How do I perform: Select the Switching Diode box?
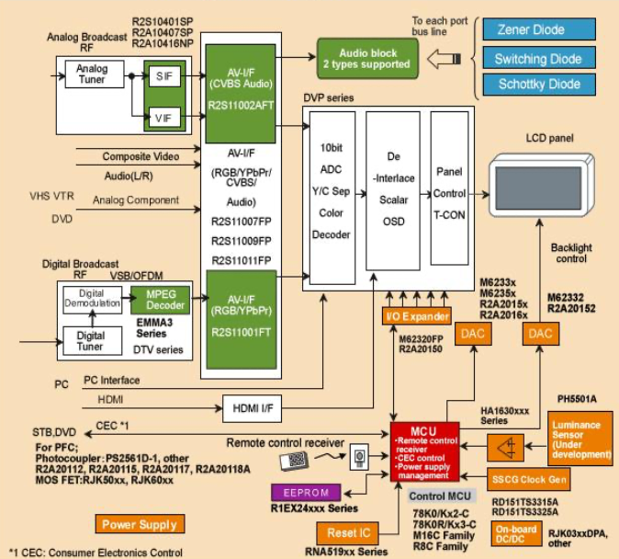tap(538, 59)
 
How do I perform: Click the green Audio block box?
tap(368, 58)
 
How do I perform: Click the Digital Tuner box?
tap(90, 340)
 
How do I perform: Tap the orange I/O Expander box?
tap(416, 316)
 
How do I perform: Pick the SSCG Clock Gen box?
tap(530, 477)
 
